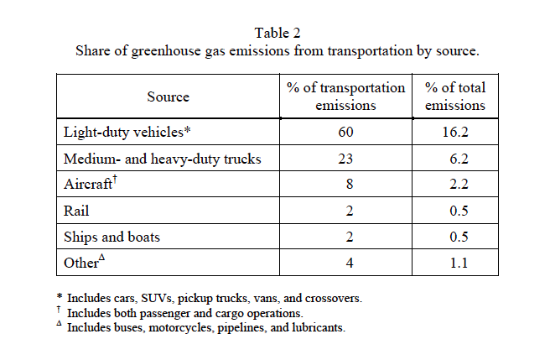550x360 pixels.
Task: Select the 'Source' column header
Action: click(168, 97)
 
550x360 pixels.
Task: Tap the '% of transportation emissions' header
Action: click(345, 97)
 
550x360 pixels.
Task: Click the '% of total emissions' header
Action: click(455, 97)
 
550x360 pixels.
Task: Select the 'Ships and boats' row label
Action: click(112, 237)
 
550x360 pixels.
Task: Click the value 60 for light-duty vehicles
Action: click(345, 133)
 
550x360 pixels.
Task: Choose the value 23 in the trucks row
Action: click(345, 159)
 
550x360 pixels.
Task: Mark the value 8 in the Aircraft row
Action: click(345, 185)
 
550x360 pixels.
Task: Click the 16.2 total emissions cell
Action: click(455, 133)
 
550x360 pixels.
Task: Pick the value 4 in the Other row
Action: click(345, 263)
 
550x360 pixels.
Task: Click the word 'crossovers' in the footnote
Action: click(332, 298)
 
